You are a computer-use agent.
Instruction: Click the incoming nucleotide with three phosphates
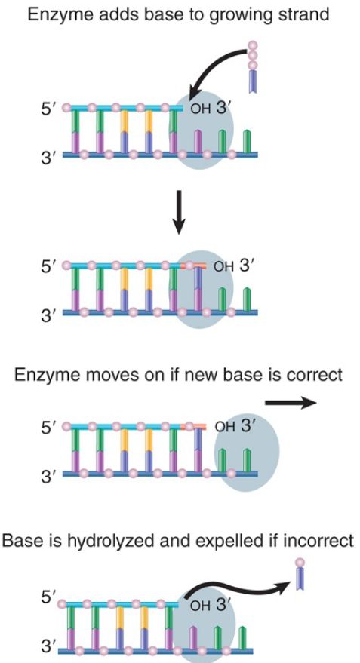[x=253, y=67]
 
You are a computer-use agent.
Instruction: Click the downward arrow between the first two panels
[x=179, y=211]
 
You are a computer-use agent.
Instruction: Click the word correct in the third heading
[x=313, y=375]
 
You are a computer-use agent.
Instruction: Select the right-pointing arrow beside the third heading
[x=291, y=403]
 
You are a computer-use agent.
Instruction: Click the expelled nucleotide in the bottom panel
[x=300, y=574]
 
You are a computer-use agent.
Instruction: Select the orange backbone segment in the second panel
[x=193, y=266]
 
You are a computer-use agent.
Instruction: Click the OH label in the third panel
[x=225, y=427]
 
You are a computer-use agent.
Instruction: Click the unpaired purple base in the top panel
[x=197, y=141]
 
